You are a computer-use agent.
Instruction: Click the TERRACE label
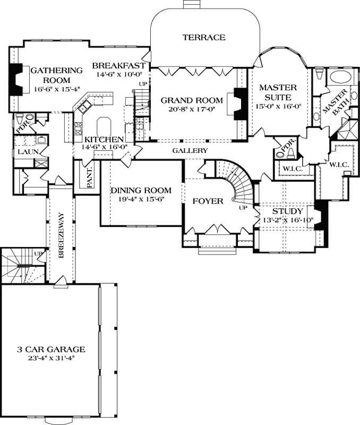pos(204,37)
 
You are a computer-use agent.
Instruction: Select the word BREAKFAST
pos(119,65)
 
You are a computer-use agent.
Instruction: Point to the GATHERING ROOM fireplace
pos(17,78)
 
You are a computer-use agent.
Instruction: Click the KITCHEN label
pos(104,140)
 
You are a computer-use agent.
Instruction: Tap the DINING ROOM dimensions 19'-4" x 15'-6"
pos(141,200)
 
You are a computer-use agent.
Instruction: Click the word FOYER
pos(204,201)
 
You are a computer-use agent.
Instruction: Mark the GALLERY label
pos(190,151)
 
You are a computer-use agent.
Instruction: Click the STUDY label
pos(288,211)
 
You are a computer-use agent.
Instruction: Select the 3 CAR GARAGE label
pos(51,349)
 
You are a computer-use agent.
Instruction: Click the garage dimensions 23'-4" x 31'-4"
pos(51,358)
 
